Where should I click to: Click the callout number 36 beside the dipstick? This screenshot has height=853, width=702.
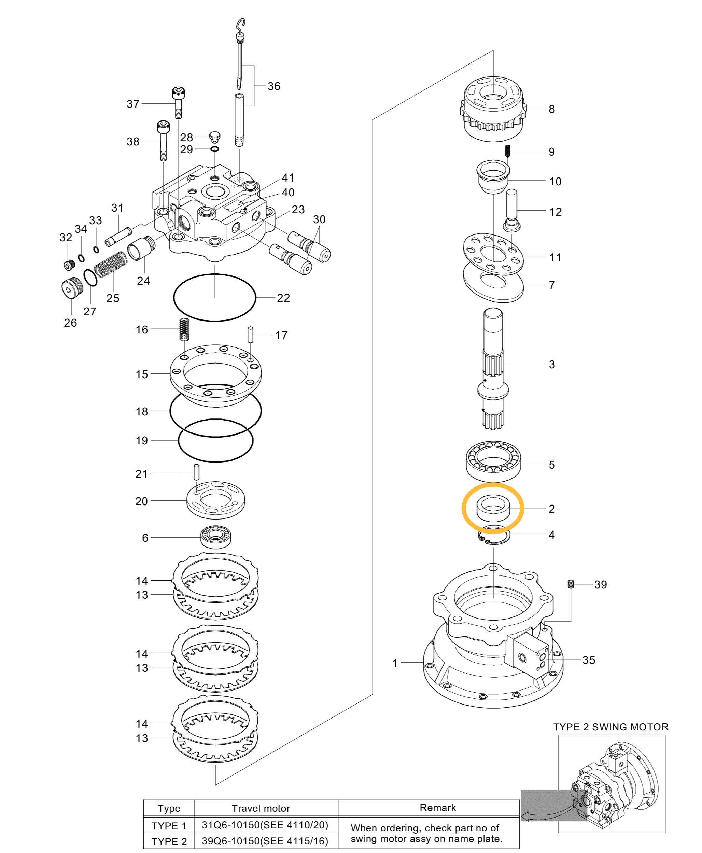click(274, 86)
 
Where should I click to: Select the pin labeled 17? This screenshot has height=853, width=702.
click(250, 335)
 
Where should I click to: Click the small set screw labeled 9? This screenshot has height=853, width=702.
click(508, 152)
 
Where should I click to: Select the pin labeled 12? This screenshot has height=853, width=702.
click(511, 210)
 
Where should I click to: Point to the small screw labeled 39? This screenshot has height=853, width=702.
click(571, 584)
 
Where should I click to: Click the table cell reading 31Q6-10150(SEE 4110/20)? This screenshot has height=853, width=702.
click(265, 825)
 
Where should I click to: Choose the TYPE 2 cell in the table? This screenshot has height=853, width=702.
click(169, 841)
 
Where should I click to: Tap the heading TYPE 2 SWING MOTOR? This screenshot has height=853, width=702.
click(610, 727)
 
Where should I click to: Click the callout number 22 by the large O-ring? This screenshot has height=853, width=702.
click(283, 298)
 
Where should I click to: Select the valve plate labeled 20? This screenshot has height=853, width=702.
click(215, 500)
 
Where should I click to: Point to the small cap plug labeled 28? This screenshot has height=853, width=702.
click(215, 136)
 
